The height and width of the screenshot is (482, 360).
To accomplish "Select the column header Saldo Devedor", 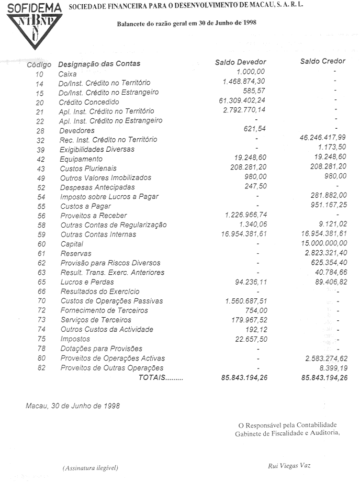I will pyautogui.click(x=241, y=62).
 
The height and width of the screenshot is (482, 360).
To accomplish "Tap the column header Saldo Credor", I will pyautogui.click(x=322, y=62).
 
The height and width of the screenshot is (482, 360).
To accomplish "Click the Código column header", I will pyautogui.click(x=39, y=64).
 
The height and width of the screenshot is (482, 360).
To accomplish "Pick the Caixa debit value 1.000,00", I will pyautogui.click(x=251, y=72).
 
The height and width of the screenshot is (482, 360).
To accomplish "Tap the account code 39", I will pyautogui.click(x=40, y=150).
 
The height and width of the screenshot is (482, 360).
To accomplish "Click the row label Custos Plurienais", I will pyautogui.click(x=88, y=169).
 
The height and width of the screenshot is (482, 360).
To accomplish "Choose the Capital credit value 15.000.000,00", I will pyautogui.click(x=321, y=244).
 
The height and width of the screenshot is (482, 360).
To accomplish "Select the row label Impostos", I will pyautogui.click(x=76, y=339).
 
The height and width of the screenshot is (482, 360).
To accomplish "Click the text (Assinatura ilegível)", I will pyautogui.click(x=90, y=467).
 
